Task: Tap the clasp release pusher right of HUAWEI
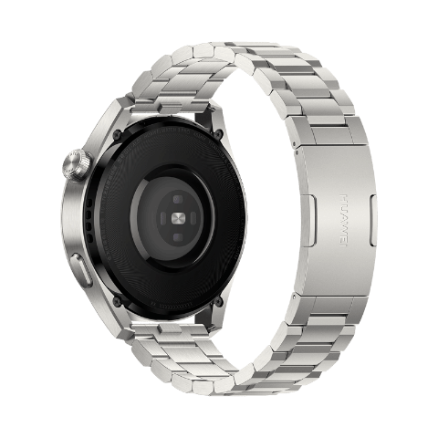point(373,219)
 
